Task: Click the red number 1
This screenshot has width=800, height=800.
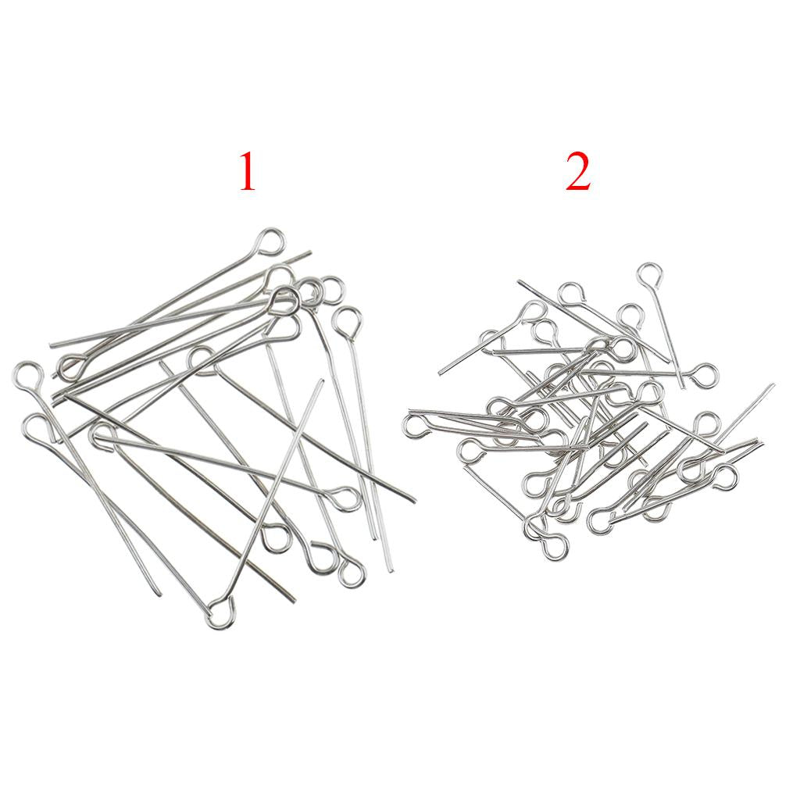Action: (x=248, y=172)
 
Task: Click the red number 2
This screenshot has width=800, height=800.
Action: (x=578, y=172)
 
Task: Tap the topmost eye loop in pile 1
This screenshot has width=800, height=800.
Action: (x=270, y=242)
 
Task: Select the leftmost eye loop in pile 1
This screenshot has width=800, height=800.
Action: (x=26, y=378)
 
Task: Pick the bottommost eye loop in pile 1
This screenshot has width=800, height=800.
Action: (x=220, y=613)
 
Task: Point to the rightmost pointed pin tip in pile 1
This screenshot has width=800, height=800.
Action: (x=414, y=501)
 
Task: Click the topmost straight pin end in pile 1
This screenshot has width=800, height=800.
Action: (x=309, y=252)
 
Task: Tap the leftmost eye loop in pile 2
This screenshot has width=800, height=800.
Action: (x=416, y=427)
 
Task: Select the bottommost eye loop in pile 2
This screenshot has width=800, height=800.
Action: (x=554, y=546)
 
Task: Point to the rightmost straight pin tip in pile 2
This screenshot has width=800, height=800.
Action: (x=773, y=385)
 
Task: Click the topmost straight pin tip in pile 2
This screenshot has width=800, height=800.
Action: (x=520, y=281)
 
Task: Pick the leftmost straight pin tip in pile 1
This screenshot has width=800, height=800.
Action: (x=51, y=345)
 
